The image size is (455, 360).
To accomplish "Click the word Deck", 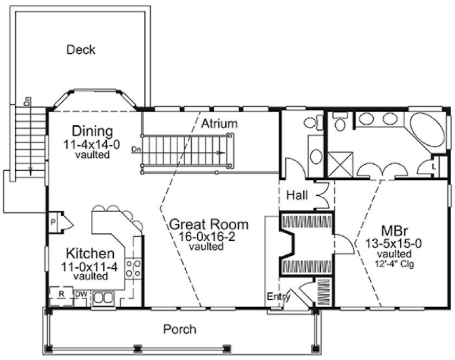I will point(81,50).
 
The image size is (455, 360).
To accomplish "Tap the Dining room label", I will point(93,132).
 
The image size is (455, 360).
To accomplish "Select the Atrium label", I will point(219,124).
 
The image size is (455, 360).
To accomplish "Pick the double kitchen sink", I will point(103,298).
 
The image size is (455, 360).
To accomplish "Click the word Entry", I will point(278,297).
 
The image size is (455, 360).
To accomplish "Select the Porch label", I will point(180,329).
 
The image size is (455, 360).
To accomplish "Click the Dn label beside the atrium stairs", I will point(136,149).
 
